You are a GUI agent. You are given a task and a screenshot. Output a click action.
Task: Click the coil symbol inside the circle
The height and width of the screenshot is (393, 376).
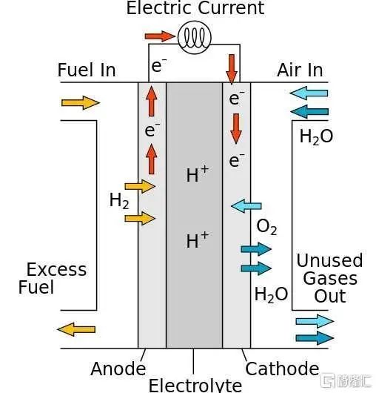coord(195,37)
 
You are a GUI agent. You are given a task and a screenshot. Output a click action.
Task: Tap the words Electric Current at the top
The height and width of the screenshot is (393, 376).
coord(195,8)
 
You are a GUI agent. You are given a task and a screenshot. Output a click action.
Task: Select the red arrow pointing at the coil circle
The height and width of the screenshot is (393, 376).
coord(160,36)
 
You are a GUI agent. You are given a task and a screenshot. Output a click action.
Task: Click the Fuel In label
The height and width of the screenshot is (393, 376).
coord(87,70)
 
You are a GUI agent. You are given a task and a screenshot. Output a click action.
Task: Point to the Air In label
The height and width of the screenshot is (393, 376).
coord(300,70)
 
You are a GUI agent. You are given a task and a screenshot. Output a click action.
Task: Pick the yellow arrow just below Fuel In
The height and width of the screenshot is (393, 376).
coord(81,103)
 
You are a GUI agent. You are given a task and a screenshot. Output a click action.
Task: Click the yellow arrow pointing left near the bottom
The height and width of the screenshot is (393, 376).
coord(76,329)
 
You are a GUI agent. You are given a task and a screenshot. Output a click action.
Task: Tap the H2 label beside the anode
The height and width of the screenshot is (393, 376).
coord(119,201)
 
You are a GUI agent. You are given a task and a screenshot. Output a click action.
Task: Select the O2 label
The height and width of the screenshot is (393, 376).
coord(266,227)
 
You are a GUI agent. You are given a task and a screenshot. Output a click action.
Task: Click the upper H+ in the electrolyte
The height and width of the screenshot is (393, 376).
coord(198,174)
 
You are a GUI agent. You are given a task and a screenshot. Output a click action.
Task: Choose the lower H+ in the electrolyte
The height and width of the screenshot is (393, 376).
coord(198,240)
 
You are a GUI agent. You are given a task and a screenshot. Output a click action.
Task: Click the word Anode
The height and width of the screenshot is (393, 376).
coord(118,369)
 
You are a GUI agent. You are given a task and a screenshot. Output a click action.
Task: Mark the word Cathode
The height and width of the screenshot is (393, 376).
coord(282,369)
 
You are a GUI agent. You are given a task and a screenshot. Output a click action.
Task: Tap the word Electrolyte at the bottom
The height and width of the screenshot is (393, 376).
coord(195,386)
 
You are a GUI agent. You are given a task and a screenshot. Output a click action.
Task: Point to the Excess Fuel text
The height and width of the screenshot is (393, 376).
coord(53,278)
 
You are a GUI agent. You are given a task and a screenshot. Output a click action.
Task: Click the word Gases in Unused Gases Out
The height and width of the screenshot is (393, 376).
coord(330,279)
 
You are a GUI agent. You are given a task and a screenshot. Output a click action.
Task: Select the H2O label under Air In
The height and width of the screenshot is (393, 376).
coord(316,137)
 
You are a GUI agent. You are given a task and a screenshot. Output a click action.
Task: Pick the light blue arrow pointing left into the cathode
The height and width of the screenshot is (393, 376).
coord(246,206)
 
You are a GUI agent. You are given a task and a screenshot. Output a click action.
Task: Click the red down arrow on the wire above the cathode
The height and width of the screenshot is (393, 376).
coord(232,69)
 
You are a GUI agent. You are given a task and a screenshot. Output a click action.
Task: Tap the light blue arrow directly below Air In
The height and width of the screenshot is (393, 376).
coord(309,93)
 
